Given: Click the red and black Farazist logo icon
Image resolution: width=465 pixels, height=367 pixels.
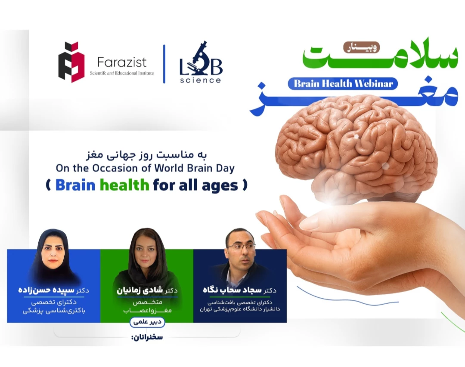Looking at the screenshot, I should (71, 62).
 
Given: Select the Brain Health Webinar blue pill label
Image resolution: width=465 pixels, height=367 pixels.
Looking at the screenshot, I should (343, 83).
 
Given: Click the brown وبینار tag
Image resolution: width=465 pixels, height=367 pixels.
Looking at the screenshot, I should (362, 47).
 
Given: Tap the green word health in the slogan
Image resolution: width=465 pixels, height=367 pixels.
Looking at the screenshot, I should (124, 185).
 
